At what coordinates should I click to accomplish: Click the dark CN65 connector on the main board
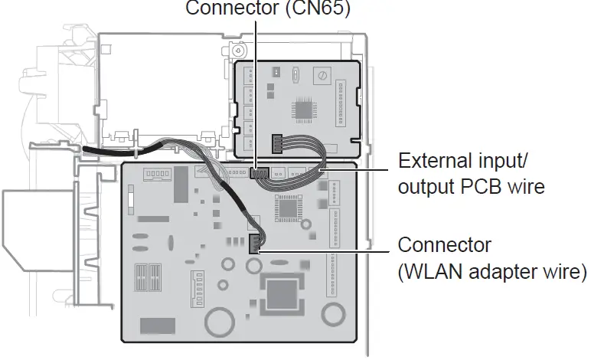pyautogui.click(x=259, y=173)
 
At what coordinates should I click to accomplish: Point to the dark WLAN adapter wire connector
pyautogui.click(x=255, y=243)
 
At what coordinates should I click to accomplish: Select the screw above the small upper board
pyautogui.click(x=239, y=50)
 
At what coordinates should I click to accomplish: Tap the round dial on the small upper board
pyautogui.click(x=324, y=76)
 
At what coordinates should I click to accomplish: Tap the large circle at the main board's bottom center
pyautogui.click(x=222, y=321)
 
